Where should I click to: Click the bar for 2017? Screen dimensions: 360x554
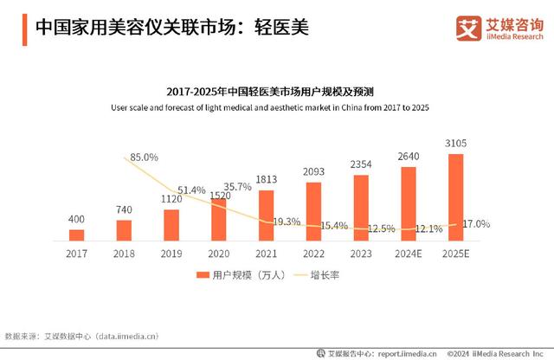77,235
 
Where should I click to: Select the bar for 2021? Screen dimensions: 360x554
267,215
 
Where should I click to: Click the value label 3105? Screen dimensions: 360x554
455,143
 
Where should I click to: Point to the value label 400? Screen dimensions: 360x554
77,219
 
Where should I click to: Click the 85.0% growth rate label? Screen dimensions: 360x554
144,157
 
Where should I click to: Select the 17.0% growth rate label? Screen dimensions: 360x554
475,223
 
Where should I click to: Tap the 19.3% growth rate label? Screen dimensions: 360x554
287,222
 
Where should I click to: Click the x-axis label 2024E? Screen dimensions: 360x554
408,254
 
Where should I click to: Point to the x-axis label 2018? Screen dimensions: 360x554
124,254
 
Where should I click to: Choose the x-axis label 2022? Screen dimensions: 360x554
313,254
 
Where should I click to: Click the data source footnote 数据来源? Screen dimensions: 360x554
83,335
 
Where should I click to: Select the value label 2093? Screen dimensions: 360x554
313,171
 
